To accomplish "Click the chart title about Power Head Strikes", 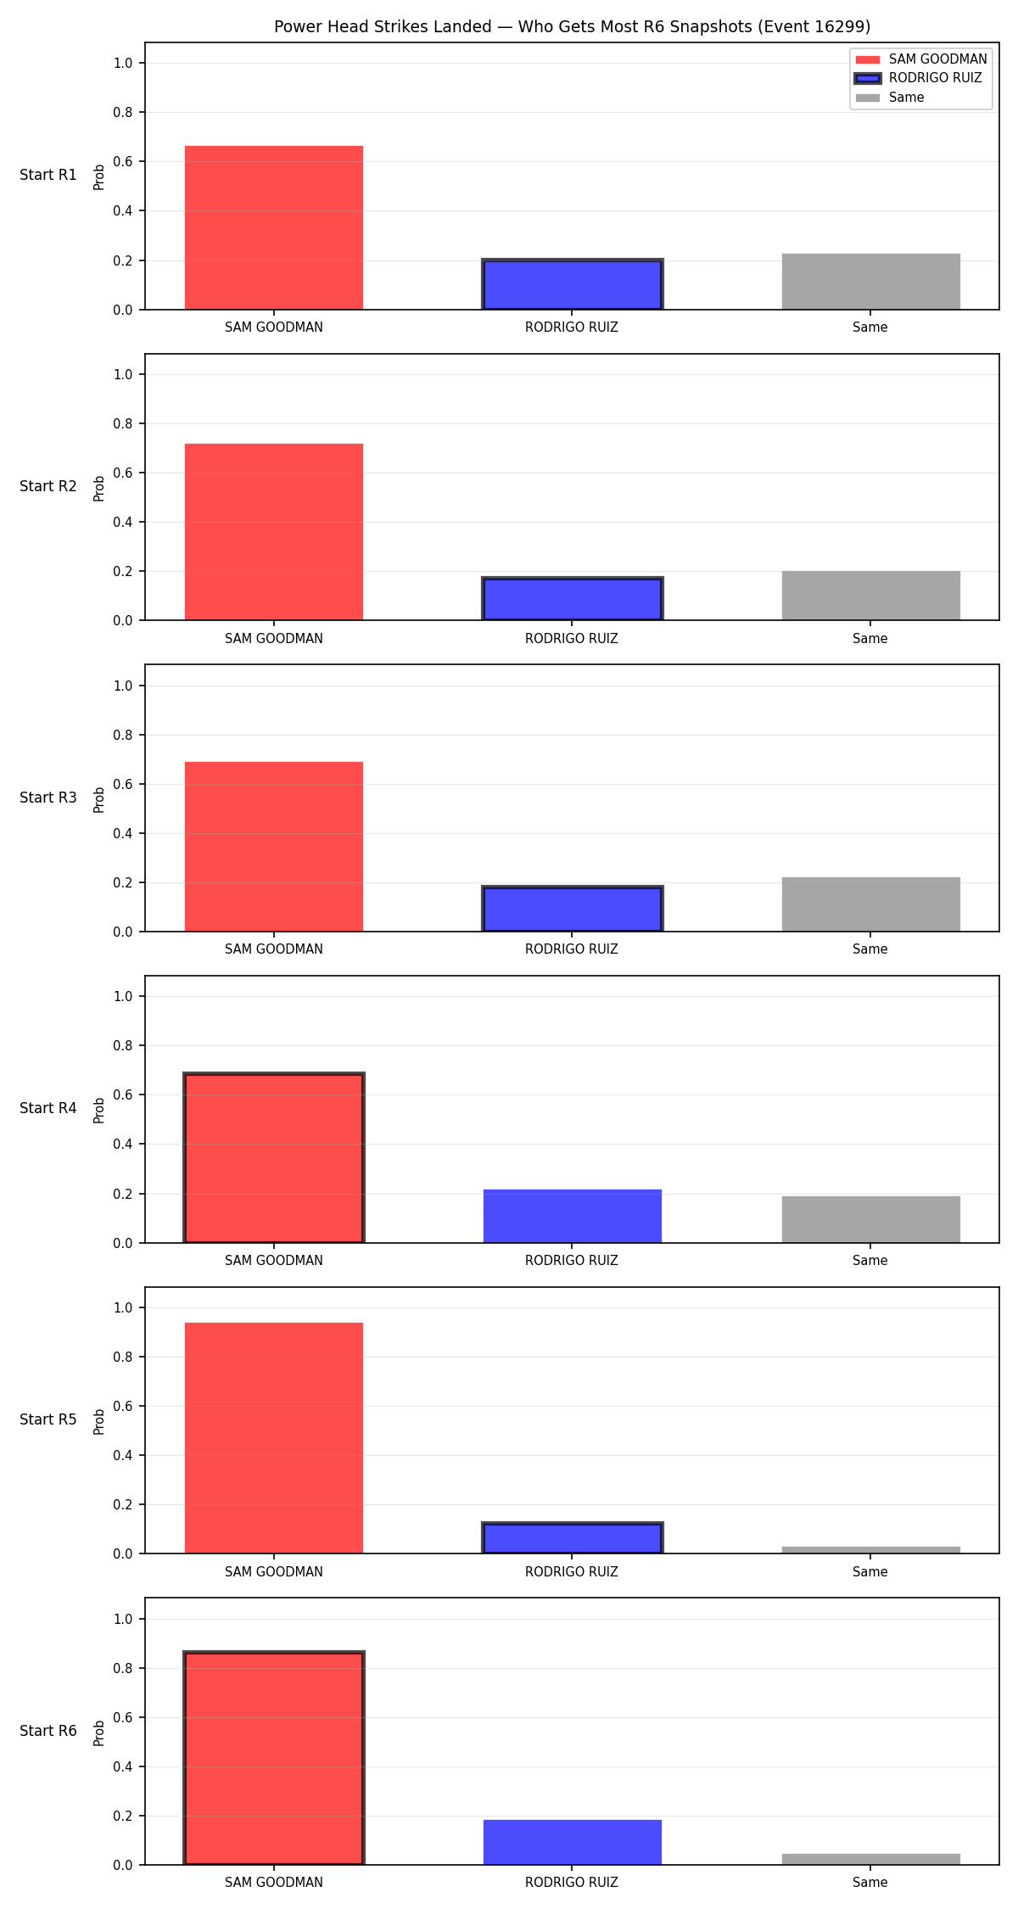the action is pyautogui.click(x=572, y=26).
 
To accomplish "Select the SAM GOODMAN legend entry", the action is pyautogui.click(x=921, y=59).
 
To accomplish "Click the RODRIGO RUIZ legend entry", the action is pyautogui.click(x=919, y=78).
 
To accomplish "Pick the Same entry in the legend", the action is pyautogui.click(x=890, y=98).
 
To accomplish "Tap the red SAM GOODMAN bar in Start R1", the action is pyautogui.click(x=274, y=227).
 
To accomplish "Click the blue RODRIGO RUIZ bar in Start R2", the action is pyautogui.click(x=573, y=599).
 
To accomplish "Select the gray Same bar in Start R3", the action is pyautogui.click(x=871, y=904).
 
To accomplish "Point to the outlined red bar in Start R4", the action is pyautogui.click(x=274, y=1158).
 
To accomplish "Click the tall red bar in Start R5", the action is pyautogui.click(x=274, y=1438).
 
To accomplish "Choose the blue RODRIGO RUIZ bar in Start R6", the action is pyautogui.click(x=573, y=1842).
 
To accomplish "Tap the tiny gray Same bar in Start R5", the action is pyautogui.click(x=871, y=1550).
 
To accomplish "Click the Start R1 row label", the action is pyautogui.click(x=48, y=175).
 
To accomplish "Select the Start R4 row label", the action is pyautogui.click(x=48, y=1108).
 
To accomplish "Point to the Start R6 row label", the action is pyautogui.click(x=48, y=1731).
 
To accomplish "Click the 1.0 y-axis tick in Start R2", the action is pyautogui.click(x=124, y=374).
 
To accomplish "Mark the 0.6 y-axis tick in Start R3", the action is pyautogui.click(x=124, y=784).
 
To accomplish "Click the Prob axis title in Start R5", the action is pyautogui.click(x=99, y=1422).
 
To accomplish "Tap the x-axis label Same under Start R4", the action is pyautogui.click(x=870, y=1261).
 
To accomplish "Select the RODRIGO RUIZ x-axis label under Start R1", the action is pyautogui.click(x=572, y=327).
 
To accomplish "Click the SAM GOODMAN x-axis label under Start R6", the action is pyautogui.click(x=274, y=1883).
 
